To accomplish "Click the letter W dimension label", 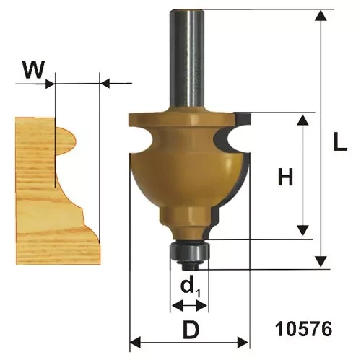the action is tap(34, 69).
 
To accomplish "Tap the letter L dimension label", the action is tap(340, 142).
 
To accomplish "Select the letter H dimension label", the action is tap(285, 177).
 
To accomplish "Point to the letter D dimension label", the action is tap(191, 330).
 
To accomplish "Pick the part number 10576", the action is tap(303, 329).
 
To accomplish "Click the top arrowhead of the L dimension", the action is tap(321, 16).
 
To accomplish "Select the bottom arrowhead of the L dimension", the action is tap(321, 261).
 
